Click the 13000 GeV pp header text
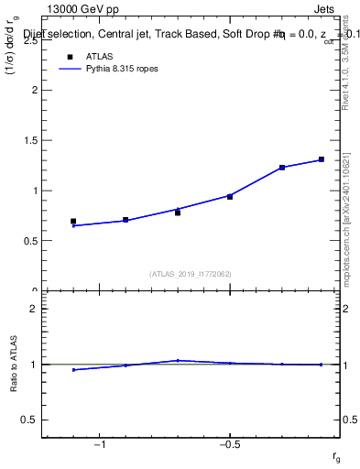pyautogui.click(x=83, y=9)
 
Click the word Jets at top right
pyautogui.click(x=325, y=9)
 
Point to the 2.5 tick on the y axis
pyautogui.click(x=30, y=40)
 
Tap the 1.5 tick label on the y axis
pyautogui.click(x=30, y=140)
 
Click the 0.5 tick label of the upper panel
pyautogui.click(x=30, y=241)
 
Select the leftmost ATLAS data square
pyautogui.click(x=73, y=222)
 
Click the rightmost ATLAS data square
pyautogui.click(x=322, y=159)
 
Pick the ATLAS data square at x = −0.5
pyautogui.click(x=230, y=197)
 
